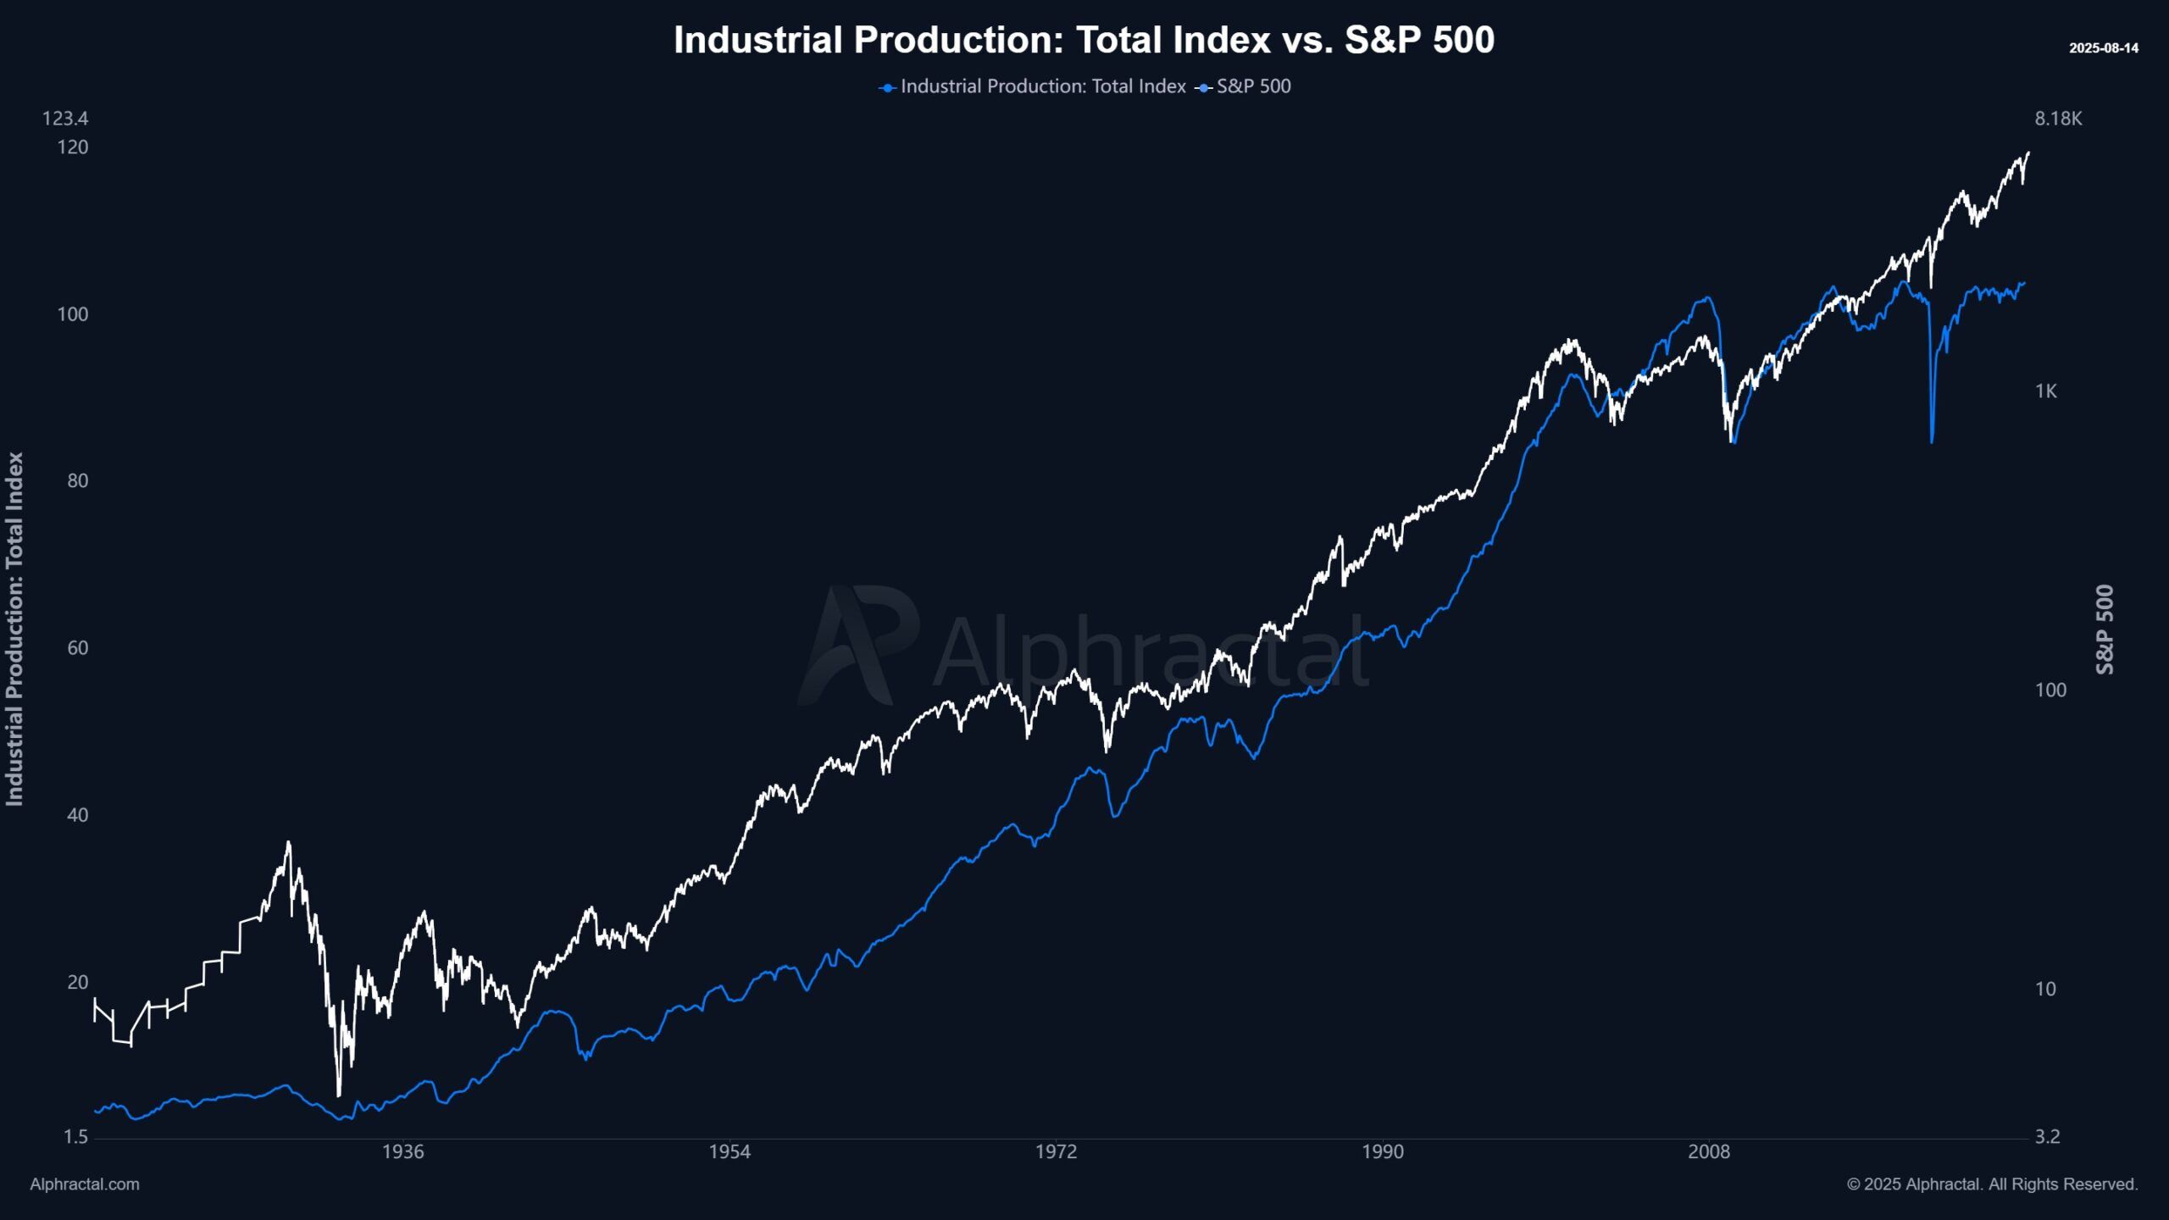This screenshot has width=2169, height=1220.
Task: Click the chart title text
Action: (1084, 40)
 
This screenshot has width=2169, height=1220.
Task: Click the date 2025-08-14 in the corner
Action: (2103, 48)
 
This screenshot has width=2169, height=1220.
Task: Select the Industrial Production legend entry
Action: (1034, 86)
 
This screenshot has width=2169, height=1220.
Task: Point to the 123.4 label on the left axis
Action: (65, 119)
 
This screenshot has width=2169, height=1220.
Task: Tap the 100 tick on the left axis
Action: (72, 314)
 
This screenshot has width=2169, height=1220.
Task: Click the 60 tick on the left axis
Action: (77, 648)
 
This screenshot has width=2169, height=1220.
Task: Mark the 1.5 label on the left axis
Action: (76, 1137)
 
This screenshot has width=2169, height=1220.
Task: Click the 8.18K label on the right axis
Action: (2058, 119)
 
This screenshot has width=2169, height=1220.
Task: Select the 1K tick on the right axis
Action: (2045, 391)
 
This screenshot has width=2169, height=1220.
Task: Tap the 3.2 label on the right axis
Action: (2047, 1137)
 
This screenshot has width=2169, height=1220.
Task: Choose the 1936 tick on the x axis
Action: (402, 1152)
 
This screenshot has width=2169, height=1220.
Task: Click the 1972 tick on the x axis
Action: (1056, 1152)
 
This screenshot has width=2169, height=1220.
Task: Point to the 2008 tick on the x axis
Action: (1709, 1152)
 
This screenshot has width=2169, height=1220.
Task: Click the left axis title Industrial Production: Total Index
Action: (15, 629)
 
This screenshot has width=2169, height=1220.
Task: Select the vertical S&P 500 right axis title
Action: (2105, 629)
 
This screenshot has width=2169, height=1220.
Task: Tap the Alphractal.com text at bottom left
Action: (85, 1184)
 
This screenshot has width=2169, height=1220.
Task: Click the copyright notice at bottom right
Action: (1992, 1184)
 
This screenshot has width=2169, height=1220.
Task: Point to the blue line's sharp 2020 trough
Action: (1932, 441)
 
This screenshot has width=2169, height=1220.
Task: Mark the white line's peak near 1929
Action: (288, 842)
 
